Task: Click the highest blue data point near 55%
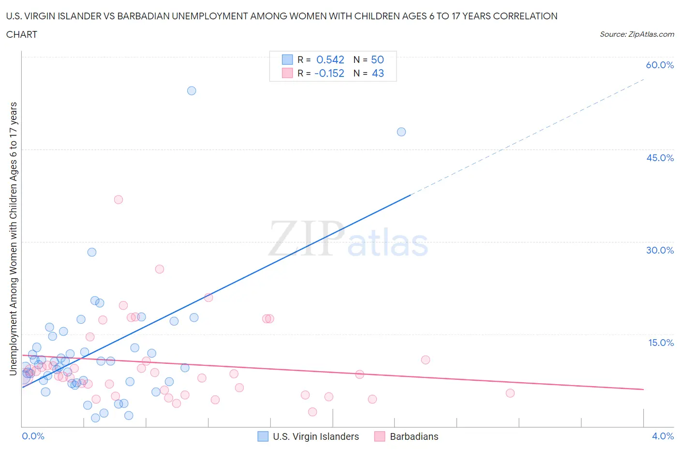pyautogui.click(x=192, y=91)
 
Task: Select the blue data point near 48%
pyautogui.click(x=401, y=132)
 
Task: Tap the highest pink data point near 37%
pyautogui.click(x=118, y=199)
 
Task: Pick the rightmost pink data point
pyautogui.click(x=510, y=393)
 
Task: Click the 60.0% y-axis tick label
pyautogui.click(x=660, y=65)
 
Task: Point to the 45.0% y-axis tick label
pyautogui.click(x=660, y=158)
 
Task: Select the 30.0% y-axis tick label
pyautogui.click(x=660, y=251)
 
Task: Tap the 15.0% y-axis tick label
pyautogui.click(x=661, y=343)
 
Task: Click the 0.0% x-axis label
pyautogui.click(x=33, y=436)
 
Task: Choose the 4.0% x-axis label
pyautogui.click(x=663, y=436)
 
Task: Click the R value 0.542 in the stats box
pyautogui.click(x=330, y=60)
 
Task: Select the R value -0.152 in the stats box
pyautogui.click(x=329, y=74)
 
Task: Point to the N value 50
pyautogui.click(x=377, y=60)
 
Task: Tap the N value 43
pyautogui.click(x=377, y=74)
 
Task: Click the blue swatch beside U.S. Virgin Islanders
pyautogui.click(x=263, y=436)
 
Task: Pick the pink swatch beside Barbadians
pyautogui.click(x=380, y=436)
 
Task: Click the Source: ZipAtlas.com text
pyautogui.click(x=636, y=34)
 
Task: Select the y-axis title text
pyautogui.click(x=13, y=239)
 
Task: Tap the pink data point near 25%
pyautogui.click(x=160, y=269)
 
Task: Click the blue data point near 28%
pyautogui.click(x=92, y=252)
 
